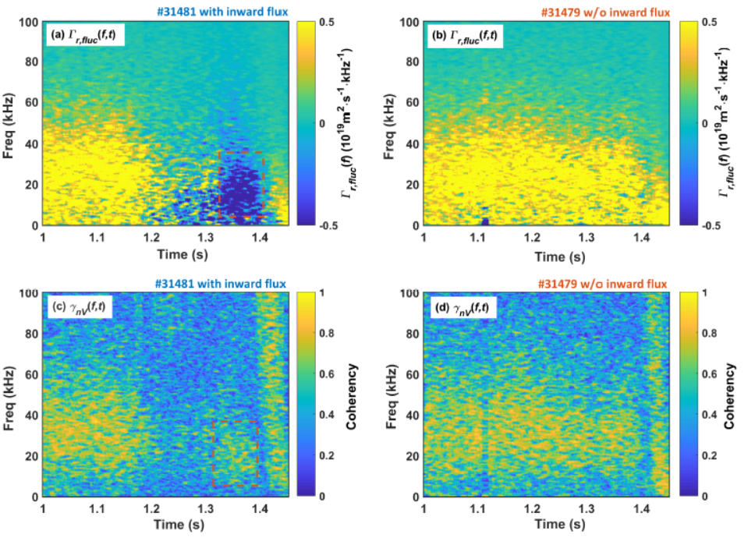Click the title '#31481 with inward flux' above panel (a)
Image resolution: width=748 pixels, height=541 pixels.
pos(222,11)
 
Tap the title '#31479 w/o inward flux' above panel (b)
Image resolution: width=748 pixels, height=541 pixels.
pos(605,12)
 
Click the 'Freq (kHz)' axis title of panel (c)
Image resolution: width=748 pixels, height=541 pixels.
pos(9,398)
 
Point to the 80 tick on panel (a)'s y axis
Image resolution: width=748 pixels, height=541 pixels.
pos(31,62)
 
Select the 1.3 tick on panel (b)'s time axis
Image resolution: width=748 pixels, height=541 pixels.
pos(587,237)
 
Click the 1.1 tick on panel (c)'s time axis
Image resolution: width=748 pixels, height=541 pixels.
pos(97,508)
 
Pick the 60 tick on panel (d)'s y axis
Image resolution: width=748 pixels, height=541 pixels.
pos(412,375)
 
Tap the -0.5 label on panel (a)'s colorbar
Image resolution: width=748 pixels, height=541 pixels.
pos(328,225)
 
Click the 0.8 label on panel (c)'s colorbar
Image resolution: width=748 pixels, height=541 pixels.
pos(327,333)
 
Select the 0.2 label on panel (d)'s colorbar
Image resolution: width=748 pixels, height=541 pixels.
pos(709,455)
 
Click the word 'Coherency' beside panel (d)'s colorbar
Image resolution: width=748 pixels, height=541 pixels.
pos(729,396)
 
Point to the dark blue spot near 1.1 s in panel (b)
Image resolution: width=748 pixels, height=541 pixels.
pos(485,221)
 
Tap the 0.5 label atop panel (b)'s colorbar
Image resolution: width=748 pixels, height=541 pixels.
pos(709,23)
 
